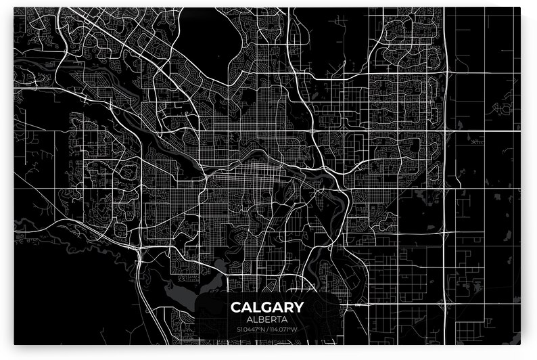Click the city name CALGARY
[x=268, y=307]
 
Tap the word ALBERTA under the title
[x=268, y=319]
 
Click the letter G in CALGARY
[x=266, y=307]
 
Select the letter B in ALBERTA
[x=259, y=319]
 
